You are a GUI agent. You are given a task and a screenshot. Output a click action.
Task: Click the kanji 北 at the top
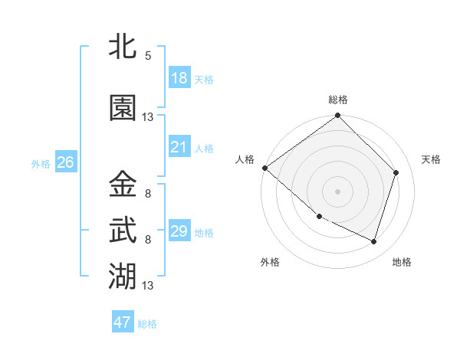123,47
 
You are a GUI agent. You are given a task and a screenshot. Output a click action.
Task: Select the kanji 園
123,109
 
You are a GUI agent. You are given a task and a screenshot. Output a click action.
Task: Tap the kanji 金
123,185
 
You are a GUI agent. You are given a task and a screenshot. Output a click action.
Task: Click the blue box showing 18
179,77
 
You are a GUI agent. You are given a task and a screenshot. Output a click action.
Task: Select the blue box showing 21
179,146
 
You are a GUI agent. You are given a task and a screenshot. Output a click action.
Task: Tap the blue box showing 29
179,231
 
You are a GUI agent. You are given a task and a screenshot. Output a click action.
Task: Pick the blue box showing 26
65,162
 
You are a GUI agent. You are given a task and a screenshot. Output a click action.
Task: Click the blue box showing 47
123,322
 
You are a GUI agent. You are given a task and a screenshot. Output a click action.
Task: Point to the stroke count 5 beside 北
148,55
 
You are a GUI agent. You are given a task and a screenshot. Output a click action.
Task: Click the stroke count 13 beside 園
148,117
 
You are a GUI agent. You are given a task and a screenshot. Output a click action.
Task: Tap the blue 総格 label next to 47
147,324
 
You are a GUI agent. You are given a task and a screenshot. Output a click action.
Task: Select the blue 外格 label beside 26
41,163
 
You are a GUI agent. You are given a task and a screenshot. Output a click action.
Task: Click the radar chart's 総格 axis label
337,100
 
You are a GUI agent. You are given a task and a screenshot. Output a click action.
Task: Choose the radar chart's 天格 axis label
431,159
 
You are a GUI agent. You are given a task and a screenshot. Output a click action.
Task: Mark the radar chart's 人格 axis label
245,159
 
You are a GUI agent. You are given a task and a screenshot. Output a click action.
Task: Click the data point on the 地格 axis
373,241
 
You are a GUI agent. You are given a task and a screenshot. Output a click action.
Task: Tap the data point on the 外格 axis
319,217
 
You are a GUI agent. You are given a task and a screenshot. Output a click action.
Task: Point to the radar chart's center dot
337,191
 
